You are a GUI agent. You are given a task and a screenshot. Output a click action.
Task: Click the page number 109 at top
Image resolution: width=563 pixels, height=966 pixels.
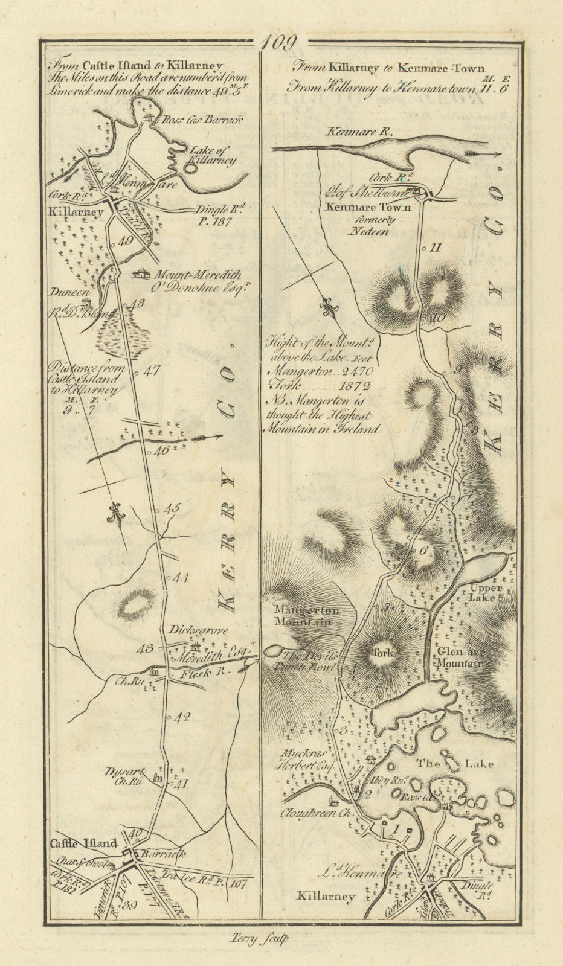click(x=280, y=43)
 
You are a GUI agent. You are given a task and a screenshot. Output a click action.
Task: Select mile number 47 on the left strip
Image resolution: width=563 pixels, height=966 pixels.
click(x=152, y=371)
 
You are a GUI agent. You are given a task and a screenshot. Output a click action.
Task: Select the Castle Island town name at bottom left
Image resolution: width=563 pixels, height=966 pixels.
click(x=83, y=843)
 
